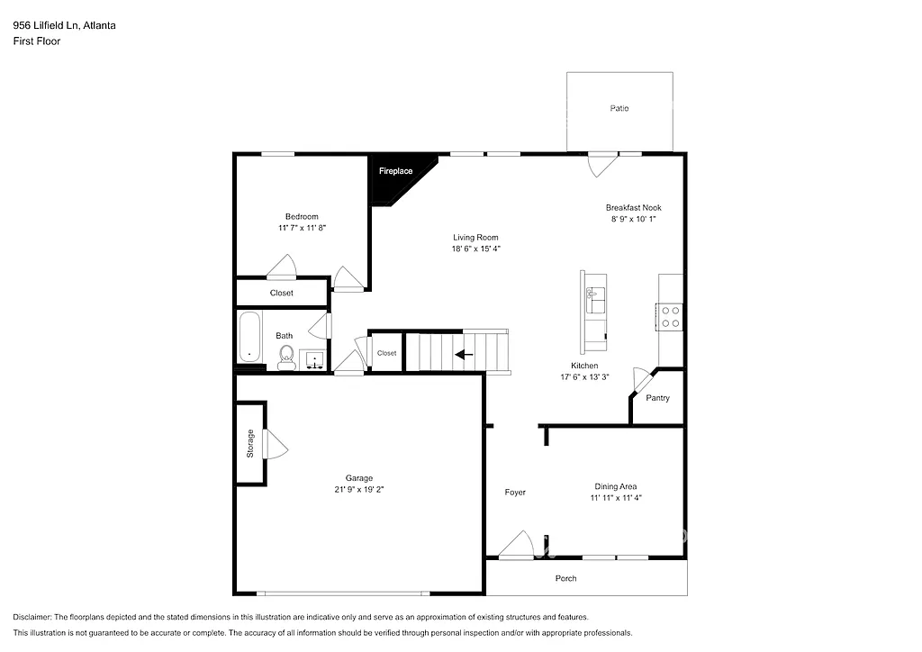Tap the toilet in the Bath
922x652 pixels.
pos(286,357)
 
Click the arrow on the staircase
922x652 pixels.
pos(464,354)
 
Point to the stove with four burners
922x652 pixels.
pos(671,315)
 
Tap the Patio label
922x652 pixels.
pos(619,108)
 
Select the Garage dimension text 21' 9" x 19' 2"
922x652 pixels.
pos(358,489)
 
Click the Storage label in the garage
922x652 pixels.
pos(250,444)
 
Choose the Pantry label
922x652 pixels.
pos(658,398)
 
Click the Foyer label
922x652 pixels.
pos(515,493)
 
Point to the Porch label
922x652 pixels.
pos(565,578)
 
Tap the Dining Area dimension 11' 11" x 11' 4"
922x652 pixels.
pos(616,497)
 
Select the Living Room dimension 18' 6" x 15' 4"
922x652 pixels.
pos(475,249)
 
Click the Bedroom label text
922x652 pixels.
pos(302,216)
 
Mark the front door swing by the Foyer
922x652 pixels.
pos(516,546)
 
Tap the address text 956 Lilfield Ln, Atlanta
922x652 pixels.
pos(64,25)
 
